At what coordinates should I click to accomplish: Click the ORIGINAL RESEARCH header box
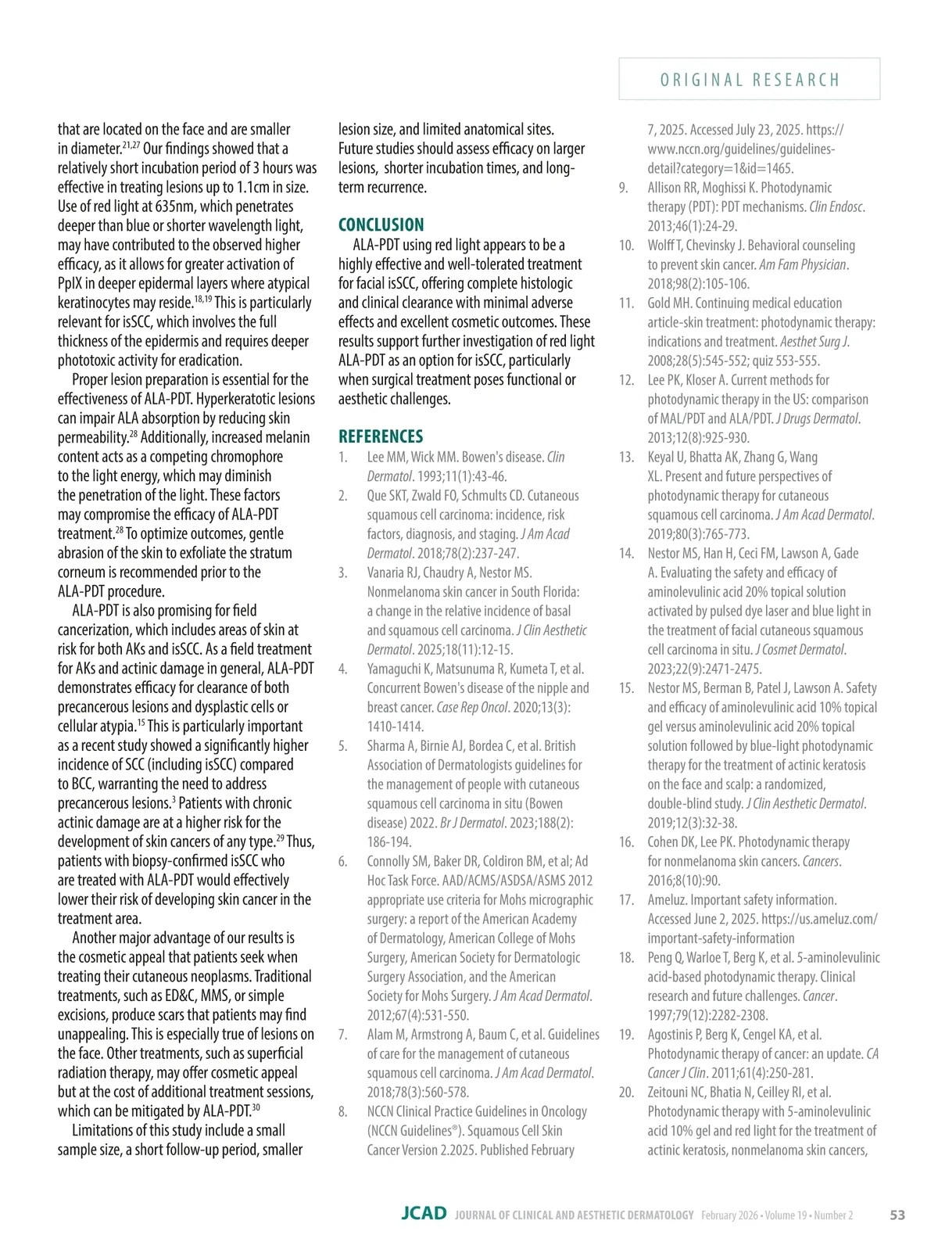(749, 79)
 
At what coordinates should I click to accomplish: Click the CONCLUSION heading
(381, 225)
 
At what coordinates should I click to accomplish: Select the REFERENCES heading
(380, 436)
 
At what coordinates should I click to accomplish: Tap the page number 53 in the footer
(897, 1215)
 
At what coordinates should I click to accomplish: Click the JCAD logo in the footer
(424, 1214)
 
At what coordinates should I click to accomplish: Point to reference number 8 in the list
(342, 1111)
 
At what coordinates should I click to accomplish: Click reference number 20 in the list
(626, 1092)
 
